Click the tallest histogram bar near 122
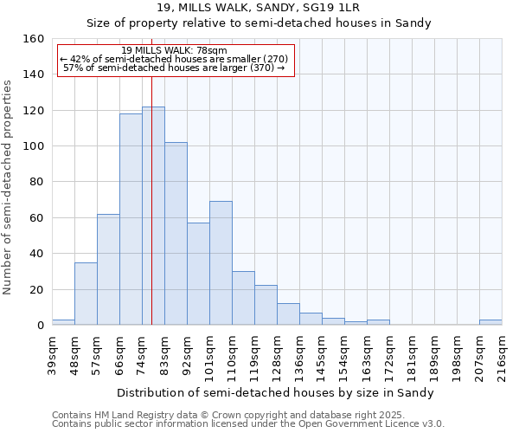(x=153, y=216)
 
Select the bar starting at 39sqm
(x=63, y=322)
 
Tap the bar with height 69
(x=221, y=263)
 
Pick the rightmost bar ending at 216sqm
(x=490, y=322)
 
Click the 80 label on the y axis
(x=38, y=182)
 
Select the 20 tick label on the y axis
(x=38, y=289)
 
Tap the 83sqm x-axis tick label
(x=164, y=354)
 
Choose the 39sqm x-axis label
(x=52, y=354)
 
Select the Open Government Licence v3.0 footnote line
(x=247, y=423)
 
